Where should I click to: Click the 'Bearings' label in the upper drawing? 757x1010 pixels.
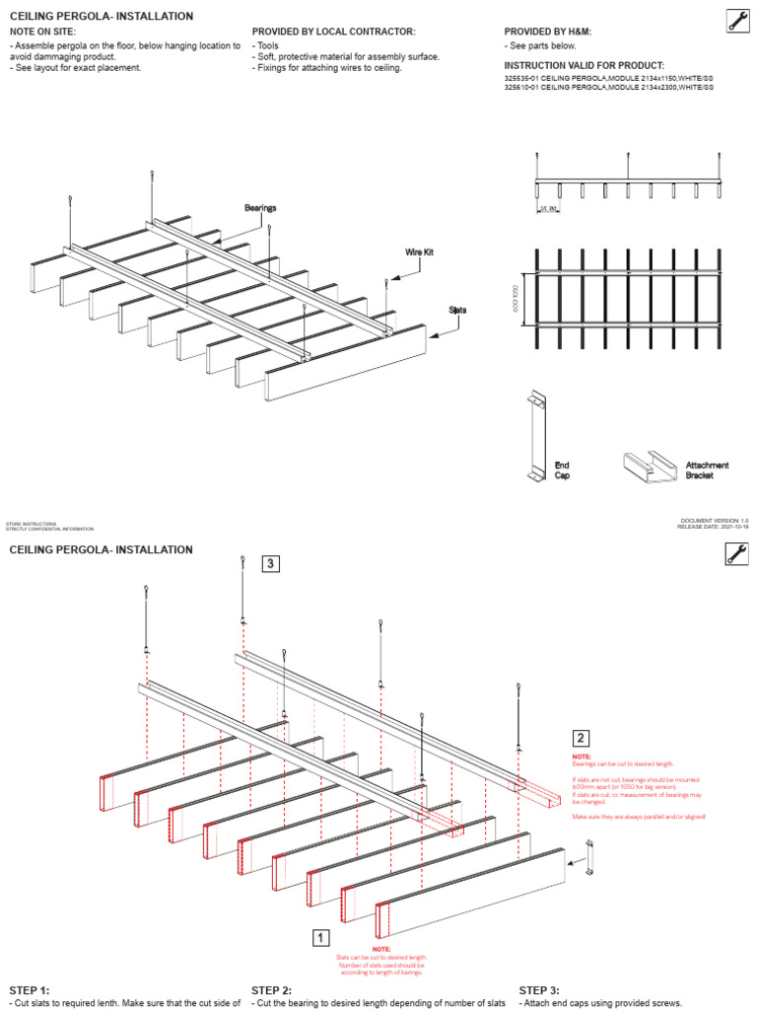pos(260,208)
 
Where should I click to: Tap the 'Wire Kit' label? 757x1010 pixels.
pos(420,252)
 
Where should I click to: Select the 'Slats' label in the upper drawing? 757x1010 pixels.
pos(457,310)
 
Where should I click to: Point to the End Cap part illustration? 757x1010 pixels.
pos(536,435)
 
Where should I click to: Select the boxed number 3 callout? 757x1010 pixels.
pos(271,564)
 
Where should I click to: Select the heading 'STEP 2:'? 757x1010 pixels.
pos(272,990)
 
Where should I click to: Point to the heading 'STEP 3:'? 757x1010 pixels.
pos(539,990)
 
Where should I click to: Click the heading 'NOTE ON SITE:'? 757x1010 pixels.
pos(42,32)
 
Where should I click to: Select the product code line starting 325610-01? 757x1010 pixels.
pos(608,88)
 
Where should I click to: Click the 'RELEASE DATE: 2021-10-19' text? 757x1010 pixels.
pos(712,528)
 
